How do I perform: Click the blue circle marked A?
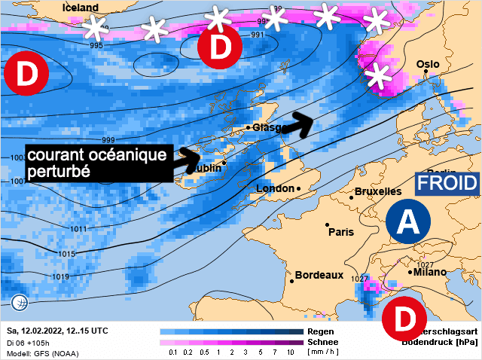point(407,222)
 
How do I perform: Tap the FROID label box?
point(447,183)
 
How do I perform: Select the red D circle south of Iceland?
point(218,47)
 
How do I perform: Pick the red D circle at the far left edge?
point(26,75)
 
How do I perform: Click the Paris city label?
point(340,232)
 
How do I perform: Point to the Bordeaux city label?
point(319,276)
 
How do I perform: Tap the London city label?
point(276,188)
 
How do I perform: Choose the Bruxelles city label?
point(378,192)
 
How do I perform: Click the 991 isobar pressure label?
point(258,35)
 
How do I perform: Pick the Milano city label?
point(429,272)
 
